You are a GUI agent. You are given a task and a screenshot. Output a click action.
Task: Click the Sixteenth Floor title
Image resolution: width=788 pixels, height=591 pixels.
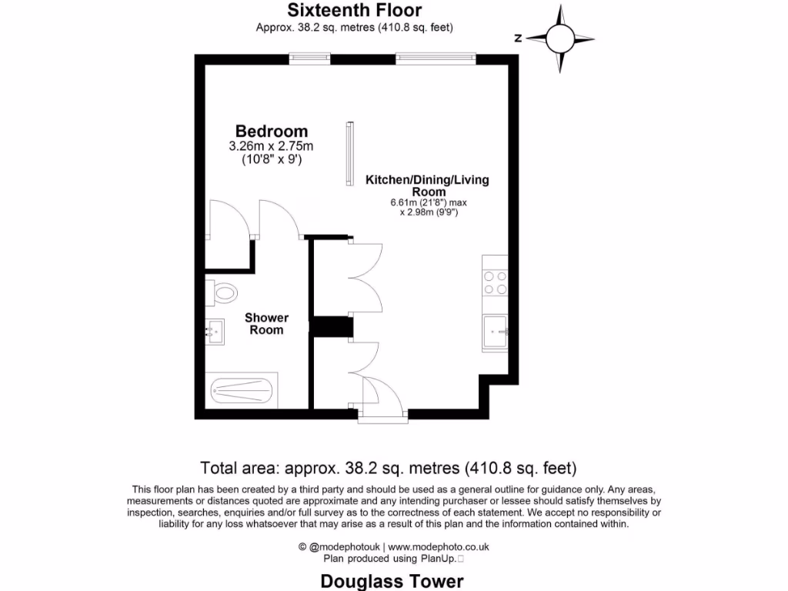355,10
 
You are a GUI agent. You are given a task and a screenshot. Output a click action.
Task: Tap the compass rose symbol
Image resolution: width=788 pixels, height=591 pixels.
561,38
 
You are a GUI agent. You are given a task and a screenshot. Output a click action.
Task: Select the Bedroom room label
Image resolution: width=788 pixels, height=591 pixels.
272,132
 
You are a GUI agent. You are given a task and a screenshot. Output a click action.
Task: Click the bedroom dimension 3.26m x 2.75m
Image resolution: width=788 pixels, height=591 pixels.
272,146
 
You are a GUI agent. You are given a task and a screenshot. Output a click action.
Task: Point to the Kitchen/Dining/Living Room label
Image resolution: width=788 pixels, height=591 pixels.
426,185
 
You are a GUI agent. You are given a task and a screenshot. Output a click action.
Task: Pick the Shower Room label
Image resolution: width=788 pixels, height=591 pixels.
266,324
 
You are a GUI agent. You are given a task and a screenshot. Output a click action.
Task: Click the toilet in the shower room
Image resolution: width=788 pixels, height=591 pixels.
222,292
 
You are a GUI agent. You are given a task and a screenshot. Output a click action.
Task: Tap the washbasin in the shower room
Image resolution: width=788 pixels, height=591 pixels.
215,332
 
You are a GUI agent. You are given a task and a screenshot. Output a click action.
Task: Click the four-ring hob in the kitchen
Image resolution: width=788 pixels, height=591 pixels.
495,283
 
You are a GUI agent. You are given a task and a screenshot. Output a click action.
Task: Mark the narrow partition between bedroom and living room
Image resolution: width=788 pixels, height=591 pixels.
350,153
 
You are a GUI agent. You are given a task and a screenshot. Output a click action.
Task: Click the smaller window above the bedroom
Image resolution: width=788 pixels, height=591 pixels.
309,58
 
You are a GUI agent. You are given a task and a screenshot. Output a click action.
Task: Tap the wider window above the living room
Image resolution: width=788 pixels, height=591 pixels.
436,58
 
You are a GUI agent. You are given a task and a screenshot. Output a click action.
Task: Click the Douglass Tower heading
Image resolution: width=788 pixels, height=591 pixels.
392,580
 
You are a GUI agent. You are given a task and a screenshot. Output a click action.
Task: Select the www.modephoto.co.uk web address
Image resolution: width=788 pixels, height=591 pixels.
443,547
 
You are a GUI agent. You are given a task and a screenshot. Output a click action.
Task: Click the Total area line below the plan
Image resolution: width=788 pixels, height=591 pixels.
389,468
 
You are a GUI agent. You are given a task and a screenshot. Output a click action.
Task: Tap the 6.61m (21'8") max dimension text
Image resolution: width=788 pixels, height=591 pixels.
428,202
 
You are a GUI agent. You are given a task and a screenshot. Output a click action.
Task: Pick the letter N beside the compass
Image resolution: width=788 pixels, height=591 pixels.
518,38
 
